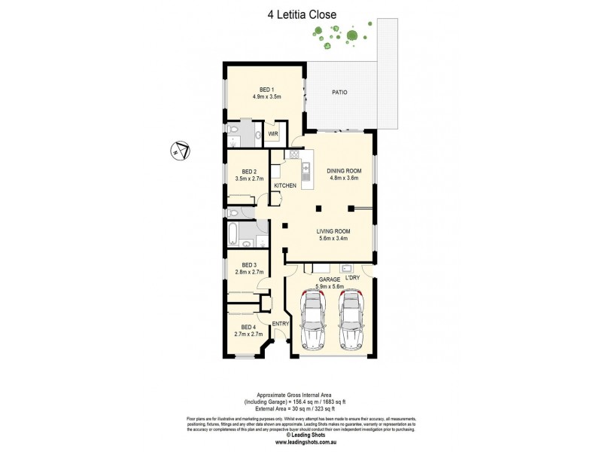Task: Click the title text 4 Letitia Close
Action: click(300, 14)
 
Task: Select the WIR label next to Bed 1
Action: click(272, 134)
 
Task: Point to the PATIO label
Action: click(340, 93)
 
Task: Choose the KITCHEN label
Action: click(285, 185)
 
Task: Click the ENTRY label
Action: click(281, 324)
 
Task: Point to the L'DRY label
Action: click(351, 278)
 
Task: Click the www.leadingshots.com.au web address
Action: click(300, 442)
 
